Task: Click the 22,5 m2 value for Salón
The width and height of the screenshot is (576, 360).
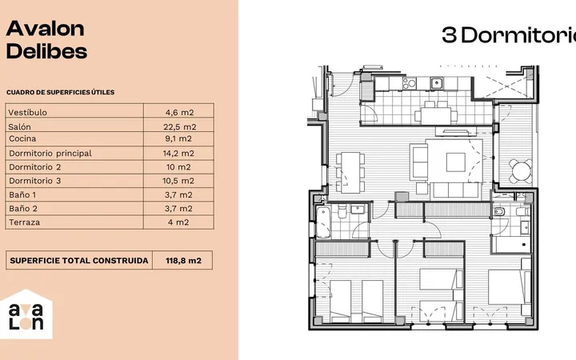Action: click(180, 126)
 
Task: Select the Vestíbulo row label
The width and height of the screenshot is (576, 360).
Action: click(27, 113)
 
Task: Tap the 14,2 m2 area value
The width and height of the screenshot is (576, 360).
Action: click(178, 153)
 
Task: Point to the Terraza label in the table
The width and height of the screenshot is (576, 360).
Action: click(25, 222)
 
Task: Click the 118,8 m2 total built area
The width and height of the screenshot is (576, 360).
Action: click(183, 261)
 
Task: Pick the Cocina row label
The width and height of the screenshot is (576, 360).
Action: click(22, 138)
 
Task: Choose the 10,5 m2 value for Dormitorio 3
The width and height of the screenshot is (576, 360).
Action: click(178, 181)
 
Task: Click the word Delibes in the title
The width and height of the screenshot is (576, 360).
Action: click(46, 51)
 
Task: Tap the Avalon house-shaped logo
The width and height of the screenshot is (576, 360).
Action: click(26, 314)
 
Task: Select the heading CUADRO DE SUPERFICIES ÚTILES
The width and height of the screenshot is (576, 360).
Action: click(60, 92)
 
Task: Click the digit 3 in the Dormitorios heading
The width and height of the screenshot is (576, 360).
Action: click(449, 35)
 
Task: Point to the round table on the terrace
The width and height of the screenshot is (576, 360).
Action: click(522, 171)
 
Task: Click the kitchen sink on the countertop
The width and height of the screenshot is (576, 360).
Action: click(437, 83)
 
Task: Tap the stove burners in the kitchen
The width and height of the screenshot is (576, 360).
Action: click(410, 83)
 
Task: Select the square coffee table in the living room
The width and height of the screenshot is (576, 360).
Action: click(455, 162)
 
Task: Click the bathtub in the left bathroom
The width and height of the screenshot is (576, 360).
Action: click(324, 222)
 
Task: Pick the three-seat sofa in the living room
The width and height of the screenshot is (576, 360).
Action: click(455, 190)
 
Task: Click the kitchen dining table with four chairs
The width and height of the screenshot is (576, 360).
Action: click(436, 116)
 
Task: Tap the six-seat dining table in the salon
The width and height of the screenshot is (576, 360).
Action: click(350, 172)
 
